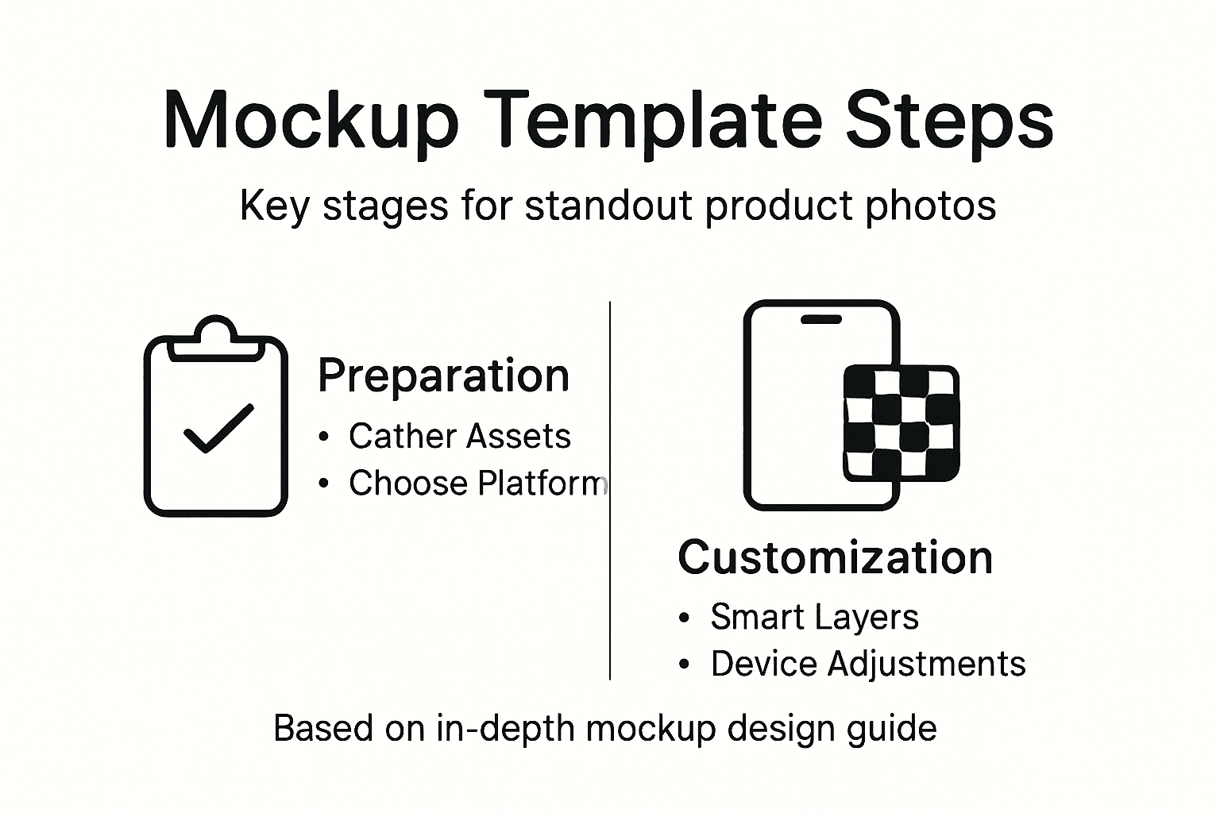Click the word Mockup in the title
click(311, 121)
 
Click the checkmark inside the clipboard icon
click(218, 429)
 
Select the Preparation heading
click(443, 376)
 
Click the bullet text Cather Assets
click(459, 436)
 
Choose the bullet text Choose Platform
click(477, 483)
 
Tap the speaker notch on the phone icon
click(820, 319)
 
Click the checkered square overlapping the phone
click(901, 422)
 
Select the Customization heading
click(835, 557)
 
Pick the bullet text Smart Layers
click(814, 617)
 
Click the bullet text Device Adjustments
click(867, 664)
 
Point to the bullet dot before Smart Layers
click(685, 618)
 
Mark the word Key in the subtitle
click(274, 206)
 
